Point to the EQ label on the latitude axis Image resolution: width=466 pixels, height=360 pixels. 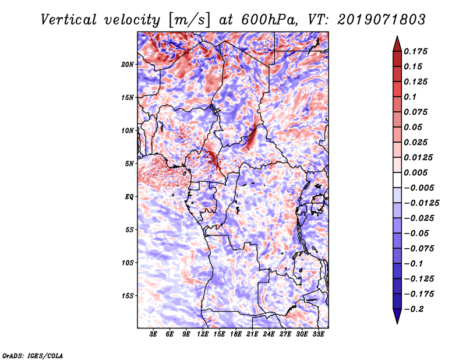point(130,197)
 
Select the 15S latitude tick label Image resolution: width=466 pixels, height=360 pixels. point(128,296)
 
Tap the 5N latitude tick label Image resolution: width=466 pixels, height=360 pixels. point(130,164)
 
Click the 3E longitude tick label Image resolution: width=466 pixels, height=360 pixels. point(154,335)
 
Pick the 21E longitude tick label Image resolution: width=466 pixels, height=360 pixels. point(252,335)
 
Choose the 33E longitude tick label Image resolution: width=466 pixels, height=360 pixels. point(318,335)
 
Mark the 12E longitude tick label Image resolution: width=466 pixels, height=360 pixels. point(203,335)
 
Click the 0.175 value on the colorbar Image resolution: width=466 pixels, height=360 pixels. point(417,51)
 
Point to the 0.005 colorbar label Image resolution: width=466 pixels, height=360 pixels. point(417,172)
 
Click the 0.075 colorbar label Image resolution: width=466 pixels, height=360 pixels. point(417,112)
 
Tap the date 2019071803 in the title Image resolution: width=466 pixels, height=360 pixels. point(372,19)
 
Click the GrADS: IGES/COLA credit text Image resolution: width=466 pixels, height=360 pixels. point(33,355)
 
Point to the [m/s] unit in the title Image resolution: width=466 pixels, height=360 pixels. point(188,19)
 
